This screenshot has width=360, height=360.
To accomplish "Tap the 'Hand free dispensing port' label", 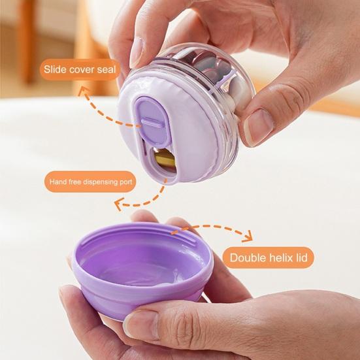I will [x=91, y=181].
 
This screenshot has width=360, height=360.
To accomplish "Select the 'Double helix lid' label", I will [x=267, y=257].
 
